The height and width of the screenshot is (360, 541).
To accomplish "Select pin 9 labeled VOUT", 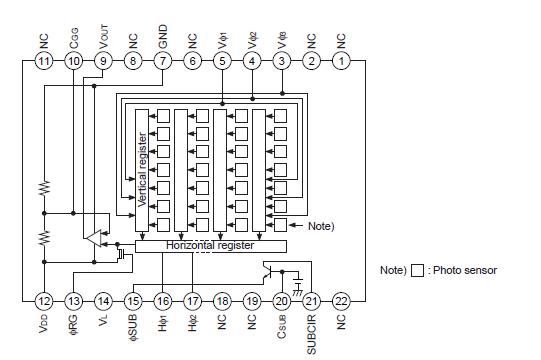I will point(103,62).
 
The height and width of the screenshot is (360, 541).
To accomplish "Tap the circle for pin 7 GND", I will point(163,62).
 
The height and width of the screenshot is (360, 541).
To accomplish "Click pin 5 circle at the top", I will point(222,62).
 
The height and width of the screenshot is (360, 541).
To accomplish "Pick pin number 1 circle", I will point(342,62).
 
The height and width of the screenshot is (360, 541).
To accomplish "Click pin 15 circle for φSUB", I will point(133,300).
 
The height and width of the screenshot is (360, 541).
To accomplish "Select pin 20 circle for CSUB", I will point(282,300).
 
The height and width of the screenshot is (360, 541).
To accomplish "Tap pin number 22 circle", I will point(342,300).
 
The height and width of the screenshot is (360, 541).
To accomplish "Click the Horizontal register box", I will point(210,245).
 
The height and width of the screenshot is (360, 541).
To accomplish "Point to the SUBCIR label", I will point(312,332).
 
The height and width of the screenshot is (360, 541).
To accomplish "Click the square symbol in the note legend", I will point(417,270).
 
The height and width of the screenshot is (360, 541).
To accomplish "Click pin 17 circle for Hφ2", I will point(192,300).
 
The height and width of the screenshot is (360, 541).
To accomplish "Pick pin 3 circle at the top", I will point(282,62).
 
